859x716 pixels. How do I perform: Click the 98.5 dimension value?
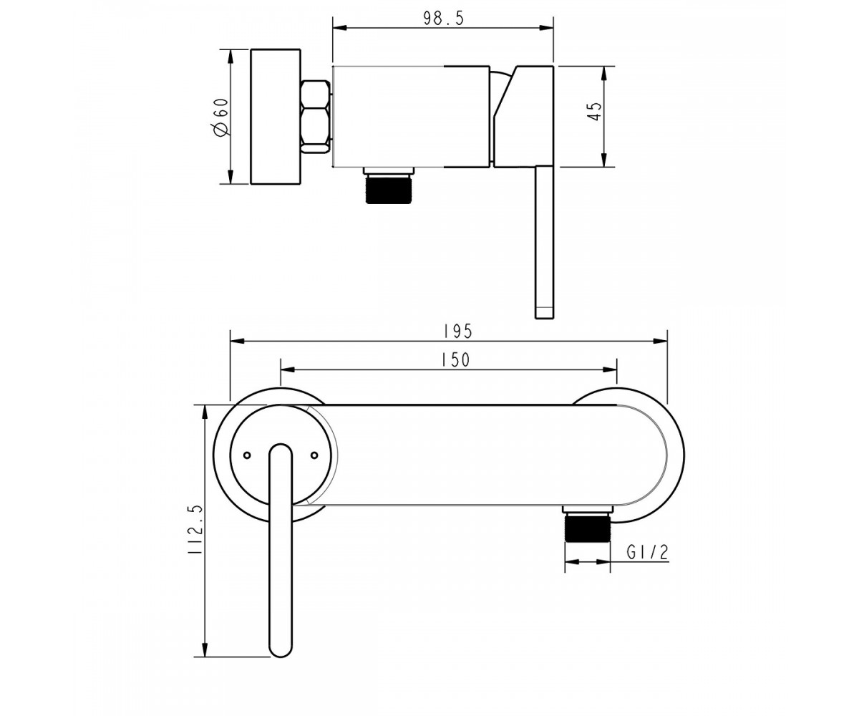coord(444,19)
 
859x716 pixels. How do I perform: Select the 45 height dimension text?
coord(594,111)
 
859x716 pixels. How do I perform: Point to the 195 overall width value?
coord(458,332)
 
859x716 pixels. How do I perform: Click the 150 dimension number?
coord(455,360)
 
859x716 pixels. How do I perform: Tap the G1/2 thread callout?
coord(648,552)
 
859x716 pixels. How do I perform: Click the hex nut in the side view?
coord(316,117)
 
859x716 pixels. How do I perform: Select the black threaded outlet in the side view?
coord(389,189)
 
